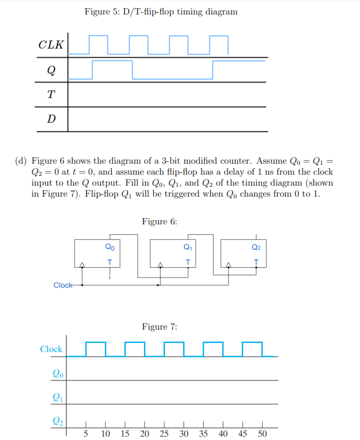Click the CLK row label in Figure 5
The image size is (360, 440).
click(51, 45)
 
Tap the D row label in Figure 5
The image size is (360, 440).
click(51, 120)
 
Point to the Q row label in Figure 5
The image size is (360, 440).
click(51, 71)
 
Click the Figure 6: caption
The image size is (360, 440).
click(159, 221)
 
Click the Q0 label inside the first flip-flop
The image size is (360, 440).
click(109, 247)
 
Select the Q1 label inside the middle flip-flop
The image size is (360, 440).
click(187, 247)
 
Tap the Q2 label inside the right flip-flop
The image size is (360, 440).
click(256, 247)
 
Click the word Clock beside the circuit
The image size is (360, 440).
click(63, 285)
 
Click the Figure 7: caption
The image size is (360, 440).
click(159, 327)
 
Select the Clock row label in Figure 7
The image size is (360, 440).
click(51, 349)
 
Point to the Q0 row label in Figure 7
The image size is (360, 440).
click(56, 374)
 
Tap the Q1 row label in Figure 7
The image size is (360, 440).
click(56, 397)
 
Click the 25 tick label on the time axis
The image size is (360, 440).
click(164, 434)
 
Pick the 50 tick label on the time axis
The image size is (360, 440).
click(262, 434)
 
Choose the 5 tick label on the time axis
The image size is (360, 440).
click(86, 434)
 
